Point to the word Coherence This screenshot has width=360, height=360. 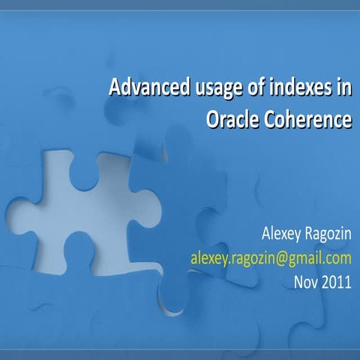[307, 119]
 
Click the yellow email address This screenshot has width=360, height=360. [270, 259]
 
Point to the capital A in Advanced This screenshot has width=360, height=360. [115, 88]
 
